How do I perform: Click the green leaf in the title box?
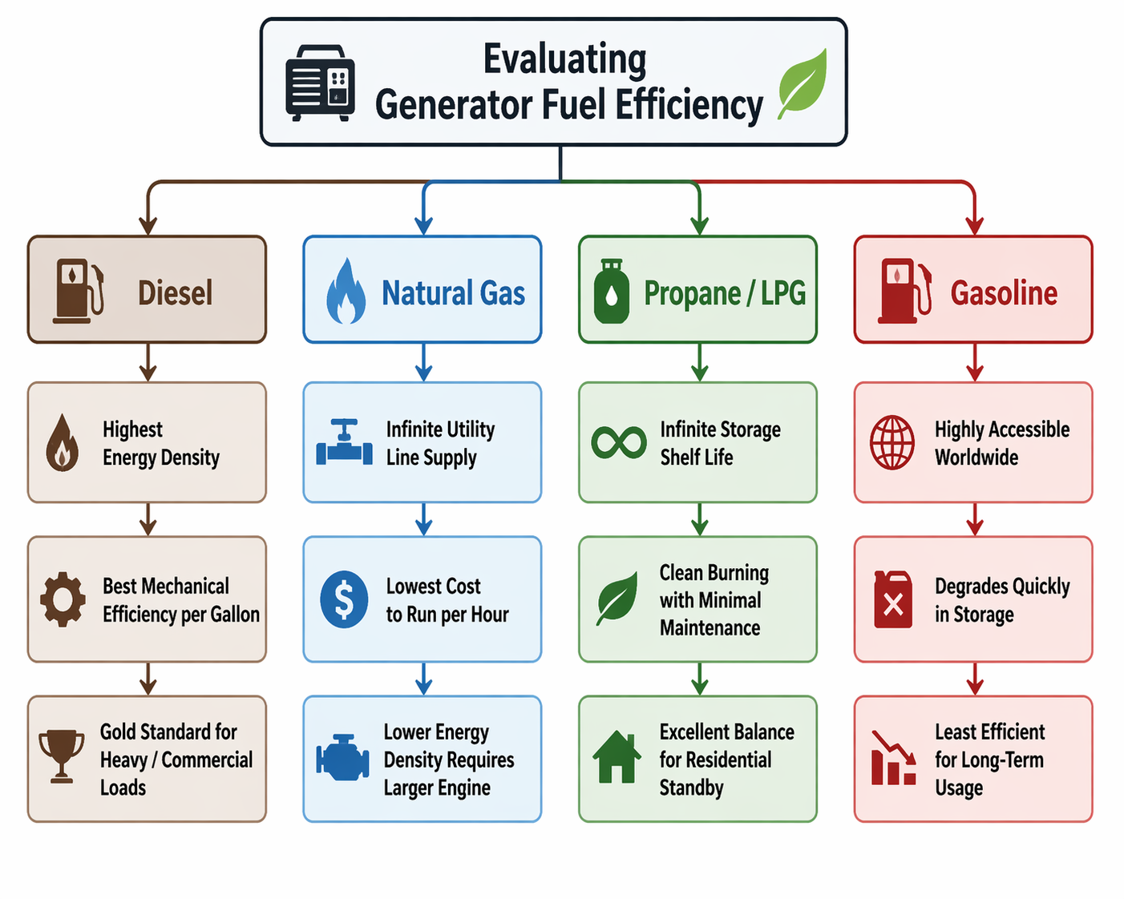(803, 83)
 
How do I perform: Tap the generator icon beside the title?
(321, 83)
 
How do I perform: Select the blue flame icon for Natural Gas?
(346, 292)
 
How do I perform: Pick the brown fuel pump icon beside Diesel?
(79, 291)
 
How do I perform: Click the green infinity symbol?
(619, 442)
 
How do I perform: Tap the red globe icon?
(892, 442)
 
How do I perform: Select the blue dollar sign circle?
(344, 599)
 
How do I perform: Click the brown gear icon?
(63, 599)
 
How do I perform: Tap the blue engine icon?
(342, 757)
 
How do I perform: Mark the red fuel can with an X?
(893, 599)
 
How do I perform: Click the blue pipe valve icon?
(344, 442)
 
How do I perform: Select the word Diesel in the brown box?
(176, 293)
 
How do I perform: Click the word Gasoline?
(1004, 293)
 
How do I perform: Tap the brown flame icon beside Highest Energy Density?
(63, 443)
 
